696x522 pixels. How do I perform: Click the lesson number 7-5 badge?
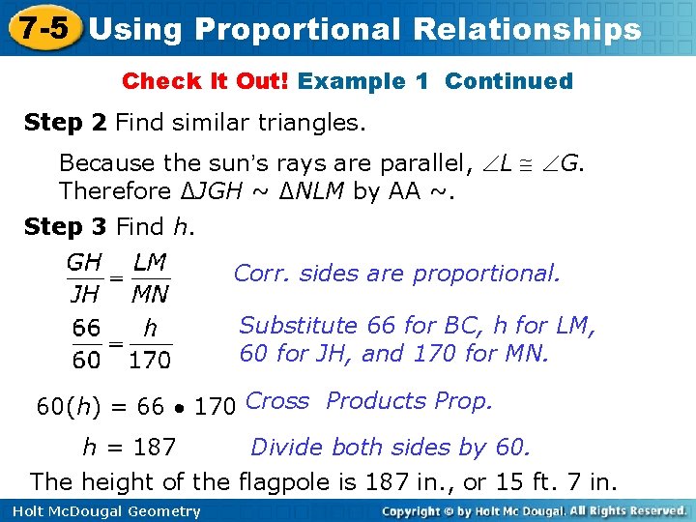(41, 27)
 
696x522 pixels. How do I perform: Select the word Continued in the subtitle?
(508, 81)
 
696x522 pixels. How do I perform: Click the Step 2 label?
(66, 123)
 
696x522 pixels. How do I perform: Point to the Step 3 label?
(66, 227)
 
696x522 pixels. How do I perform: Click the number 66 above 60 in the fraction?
(86, 330)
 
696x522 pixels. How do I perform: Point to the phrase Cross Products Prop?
(369, 401)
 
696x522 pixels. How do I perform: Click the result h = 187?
(129, 448)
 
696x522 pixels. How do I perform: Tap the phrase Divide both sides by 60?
(391, 448)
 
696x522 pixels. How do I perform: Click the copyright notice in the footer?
(534, 510)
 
